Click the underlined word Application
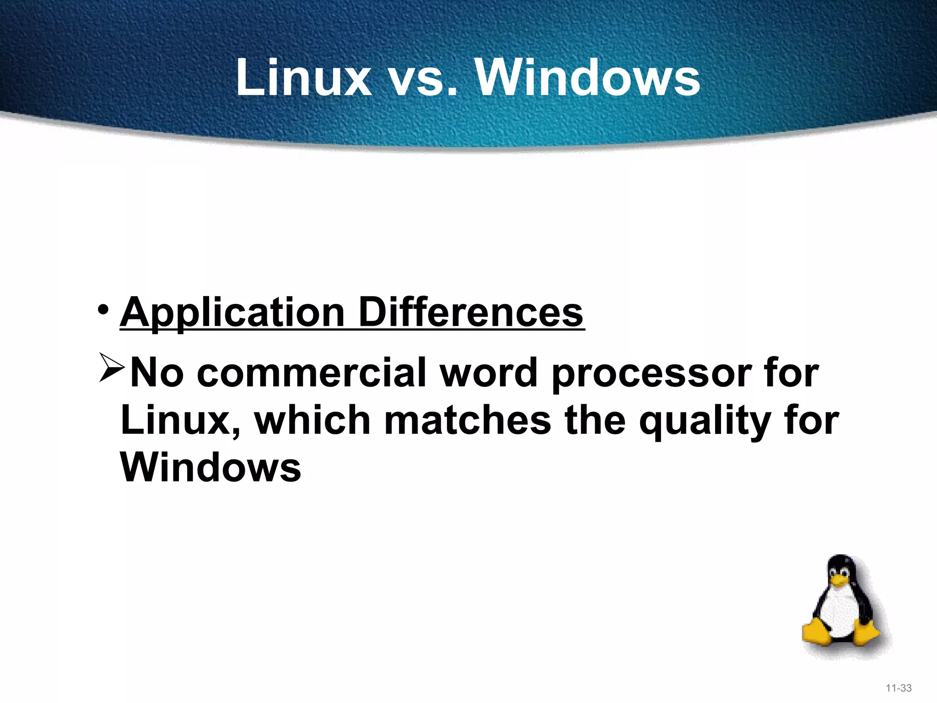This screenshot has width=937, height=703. click(232, 314)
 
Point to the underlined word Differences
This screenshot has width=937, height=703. click(471, 313)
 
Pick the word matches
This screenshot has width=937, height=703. click(468, 421)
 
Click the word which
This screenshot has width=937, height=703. click(312, 421)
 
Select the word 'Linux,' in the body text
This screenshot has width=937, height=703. click(180, 421)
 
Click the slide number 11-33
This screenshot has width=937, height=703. click(899, 688)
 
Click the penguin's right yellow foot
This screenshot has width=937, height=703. click(866, 633)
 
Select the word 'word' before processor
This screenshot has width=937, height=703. click(488, 373)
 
